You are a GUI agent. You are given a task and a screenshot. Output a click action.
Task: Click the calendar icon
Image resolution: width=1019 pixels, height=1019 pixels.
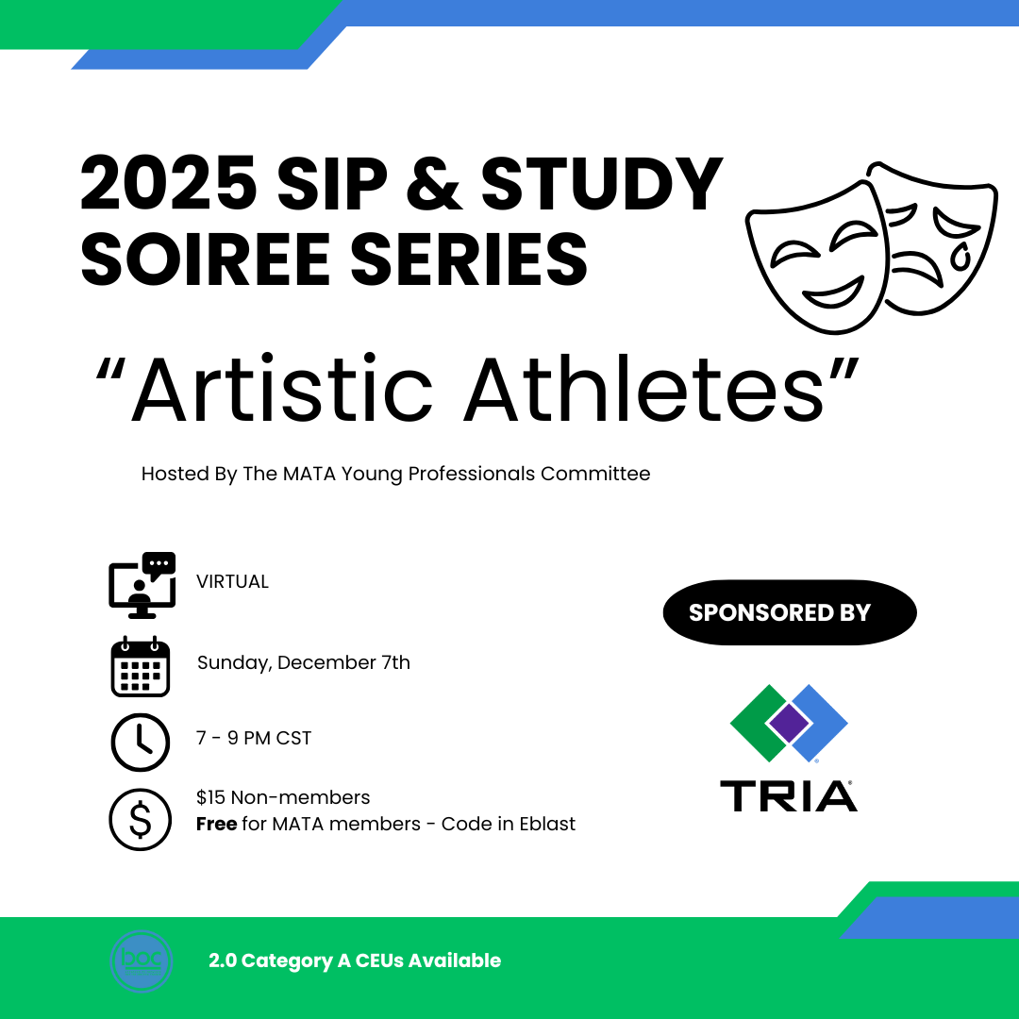(x=141, y=666)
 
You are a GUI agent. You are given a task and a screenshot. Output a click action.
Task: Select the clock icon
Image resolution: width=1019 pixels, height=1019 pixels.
(x=141, y=743)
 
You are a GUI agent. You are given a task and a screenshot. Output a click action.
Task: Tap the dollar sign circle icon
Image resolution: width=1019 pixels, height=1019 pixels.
(x=141, y=819)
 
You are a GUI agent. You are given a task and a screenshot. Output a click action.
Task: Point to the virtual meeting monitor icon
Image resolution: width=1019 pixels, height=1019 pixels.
(x=142, y=585)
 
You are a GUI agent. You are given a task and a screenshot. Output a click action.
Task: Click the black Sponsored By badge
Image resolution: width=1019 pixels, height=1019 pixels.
(x=790, y=612)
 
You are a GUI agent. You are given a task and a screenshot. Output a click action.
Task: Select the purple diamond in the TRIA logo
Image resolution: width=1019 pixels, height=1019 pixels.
(x=789, y=722)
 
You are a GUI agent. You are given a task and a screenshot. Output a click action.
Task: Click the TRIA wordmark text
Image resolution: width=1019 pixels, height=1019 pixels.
(x=788, y=796)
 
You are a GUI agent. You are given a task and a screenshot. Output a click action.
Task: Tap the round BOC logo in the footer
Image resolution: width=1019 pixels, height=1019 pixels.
(x=142, y=961)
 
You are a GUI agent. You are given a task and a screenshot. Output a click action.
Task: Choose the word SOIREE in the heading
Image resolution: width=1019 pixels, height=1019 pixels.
(x=206, y=259)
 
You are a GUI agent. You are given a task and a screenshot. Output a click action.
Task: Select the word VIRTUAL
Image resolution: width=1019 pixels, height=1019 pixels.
(x=232, y=581)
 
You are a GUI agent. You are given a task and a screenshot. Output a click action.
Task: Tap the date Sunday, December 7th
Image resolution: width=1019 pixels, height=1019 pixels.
(x=304, y=662)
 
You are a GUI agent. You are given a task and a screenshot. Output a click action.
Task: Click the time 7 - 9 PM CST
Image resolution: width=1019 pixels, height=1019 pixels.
(x=254, y=738)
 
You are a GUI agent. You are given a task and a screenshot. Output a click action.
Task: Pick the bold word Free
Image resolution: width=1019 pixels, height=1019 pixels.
(x=216, y=824)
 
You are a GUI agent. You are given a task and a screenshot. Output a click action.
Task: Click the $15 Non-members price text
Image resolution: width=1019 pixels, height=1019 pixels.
(x=283, y=796)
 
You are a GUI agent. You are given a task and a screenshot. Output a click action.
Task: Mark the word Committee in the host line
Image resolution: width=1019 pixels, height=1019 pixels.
(x=595, y=473)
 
